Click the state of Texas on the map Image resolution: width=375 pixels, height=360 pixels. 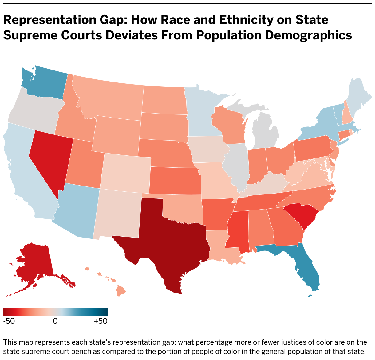168,243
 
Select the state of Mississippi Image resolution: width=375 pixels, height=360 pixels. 237,231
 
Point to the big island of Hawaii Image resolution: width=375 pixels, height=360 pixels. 122,291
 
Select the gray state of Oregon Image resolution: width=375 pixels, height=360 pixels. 34,108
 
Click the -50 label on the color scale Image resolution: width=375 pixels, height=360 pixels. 9,321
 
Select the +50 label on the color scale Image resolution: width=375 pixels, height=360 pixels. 101,321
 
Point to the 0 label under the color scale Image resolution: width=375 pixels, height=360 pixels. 55,321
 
